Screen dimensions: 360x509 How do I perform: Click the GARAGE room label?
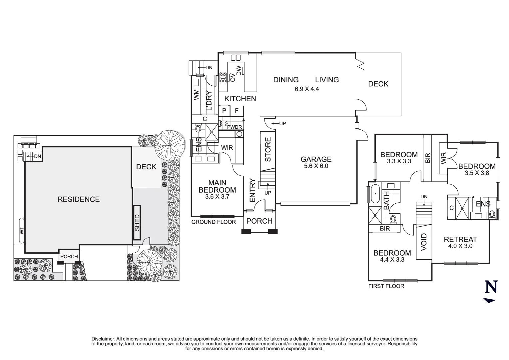[316, 159]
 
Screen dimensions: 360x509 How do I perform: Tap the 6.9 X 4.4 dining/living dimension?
[306, 89]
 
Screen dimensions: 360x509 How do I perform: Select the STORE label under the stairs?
[268, 150]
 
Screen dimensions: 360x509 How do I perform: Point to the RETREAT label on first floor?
[460, 239]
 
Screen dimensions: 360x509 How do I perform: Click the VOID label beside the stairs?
[424, 241]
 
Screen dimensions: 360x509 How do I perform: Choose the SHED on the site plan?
[137, 223]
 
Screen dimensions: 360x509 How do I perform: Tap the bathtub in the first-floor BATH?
[375, 193]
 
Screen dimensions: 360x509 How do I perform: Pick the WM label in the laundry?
[196, 95]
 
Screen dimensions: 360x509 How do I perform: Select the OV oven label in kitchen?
[233, 78]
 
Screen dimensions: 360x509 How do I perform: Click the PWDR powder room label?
[234, 127]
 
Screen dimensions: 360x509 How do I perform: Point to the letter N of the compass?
[491, 287]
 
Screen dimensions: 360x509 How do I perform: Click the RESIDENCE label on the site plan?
[79, 199]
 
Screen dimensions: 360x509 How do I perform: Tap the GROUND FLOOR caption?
[213, 222]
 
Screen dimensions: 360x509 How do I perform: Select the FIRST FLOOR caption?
[386, 286]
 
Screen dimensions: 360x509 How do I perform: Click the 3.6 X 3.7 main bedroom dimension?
[217, 197]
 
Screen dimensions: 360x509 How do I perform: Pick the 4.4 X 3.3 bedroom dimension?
[392, 259]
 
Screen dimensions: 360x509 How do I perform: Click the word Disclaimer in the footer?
[103, 339]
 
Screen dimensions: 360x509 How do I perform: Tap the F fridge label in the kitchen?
[237, 111]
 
